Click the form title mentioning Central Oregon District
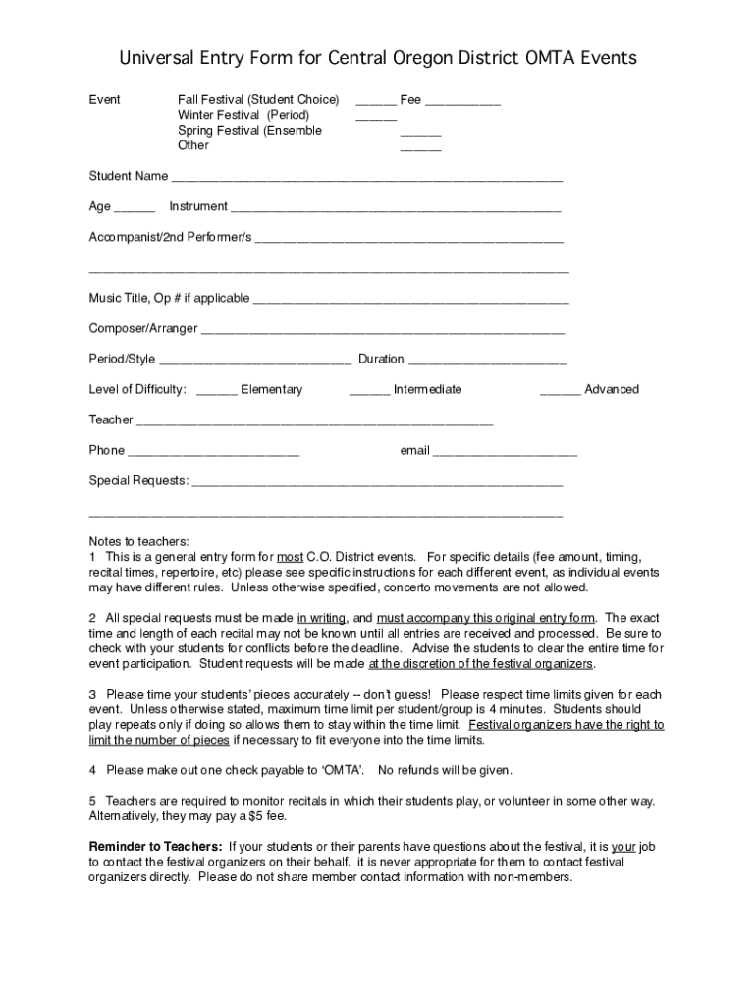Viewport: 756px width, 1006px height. tap(378, 59)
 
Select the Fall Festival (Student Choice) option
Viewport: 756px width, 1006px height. tap(258, 100)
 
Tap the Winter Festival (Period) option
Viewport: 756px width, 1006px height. tap(243, 115)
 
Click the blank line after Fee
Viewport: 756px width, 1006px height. tap(462, 102)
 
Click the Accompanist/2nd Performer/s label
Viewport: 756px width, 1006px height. tap(170, 237)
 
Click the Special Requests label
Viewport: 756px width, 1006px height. tap(138, 480)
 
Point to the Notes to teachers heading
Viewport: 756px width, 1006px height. tap(138, 541)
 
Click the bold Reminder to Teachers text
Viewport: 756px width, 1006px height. tap(156, 846)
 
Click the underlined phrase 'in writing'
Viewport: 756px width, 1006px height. tap(321, 618)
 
